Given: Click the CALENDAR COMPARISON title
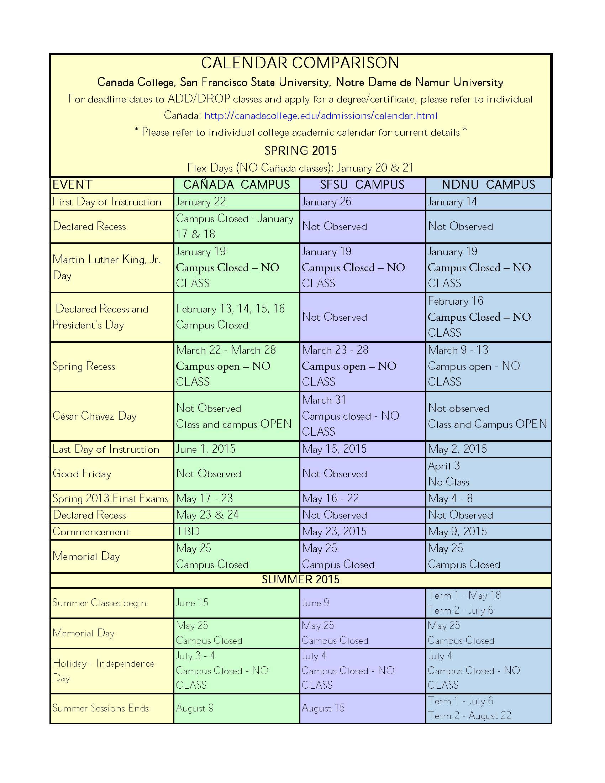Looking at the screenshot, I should (x=300, y=63).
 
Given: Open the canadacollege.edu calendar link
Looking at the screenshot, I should (x=320, y=116).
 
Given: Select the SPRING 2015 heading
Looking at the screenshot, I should (x=300, y=151).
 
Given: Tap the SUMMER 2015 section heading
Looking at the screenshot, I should (x=300, y=580).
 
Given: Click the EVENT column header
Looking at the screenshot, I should (x=72, y=185).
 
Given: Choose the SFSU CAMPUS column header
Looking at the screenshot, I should (x=362, y=185).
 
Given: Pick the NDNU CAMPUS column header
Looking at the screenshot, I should (x=488, y=185).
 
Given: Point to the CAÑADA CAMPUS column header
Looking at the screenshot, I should (x=237, y=185).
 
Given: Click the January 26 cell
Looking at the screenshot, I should (x=326, y=202).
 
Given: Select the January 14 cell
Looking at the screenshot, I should (x=452, y=202).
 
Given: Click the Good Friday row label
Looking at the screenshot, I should (x=82, y=474).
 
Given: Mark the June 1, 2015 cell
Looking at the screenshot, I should (x=205, y=449).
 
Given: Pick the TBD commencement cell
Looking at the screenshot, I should (x=188, y=531).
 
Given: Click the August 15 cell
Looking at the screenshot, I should (x=323, y=708).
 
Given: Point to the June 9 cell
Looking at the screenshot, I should (x=315, y=603).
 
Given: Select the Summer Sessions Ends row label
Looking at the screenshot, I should (x=100, y=708).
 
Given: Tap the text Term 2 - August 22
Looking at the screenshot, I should (x=469, y=716).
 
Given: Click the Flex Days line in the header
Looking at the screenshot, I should (x=300, y=168).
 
